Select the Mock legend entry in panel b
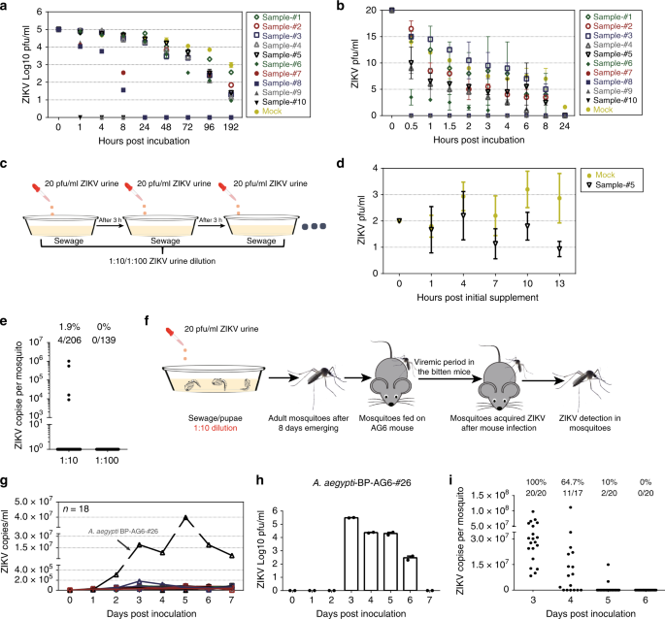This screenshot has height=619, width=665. point(599,110)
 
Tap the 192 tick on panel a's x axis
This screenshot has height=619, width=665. point(231,127)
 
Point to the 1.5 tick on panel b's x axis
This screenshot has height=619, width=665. point(449,126)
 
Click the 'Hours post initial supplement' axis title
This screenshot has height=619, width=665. point(478,298)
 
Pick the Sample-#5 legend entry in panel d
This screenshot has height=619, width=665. point(611,185)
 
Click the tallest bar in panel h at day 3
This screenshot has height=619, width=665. point(351,554)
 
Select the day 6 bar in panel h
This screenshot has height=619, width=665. point(410,573)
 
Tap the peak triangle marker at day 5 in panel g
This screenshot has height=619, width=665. point(185,518)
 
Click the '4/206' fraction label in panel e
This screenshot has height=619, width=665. point(70,340)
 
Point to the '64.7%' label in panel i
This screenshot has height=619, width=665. point(573,482)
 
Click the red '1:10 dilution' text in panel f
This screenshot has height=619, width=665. point(216,428)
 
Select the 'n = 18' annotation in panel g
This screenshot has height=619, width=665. point(76,508)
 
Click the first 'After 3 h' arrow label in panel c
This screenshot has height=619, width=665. point(111,220)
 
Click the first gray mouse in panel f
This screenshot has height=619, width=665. point(391,377)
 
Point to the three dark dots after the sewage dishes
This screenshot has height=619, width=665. point(314,226)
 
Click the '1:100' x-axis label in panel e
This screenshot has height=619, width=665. point(107,461)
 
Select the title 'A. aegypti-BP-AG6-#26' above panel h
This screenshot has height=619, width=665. point(362,482)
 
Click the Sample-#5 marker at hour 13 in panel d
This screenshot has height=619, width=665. point(560,249)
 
